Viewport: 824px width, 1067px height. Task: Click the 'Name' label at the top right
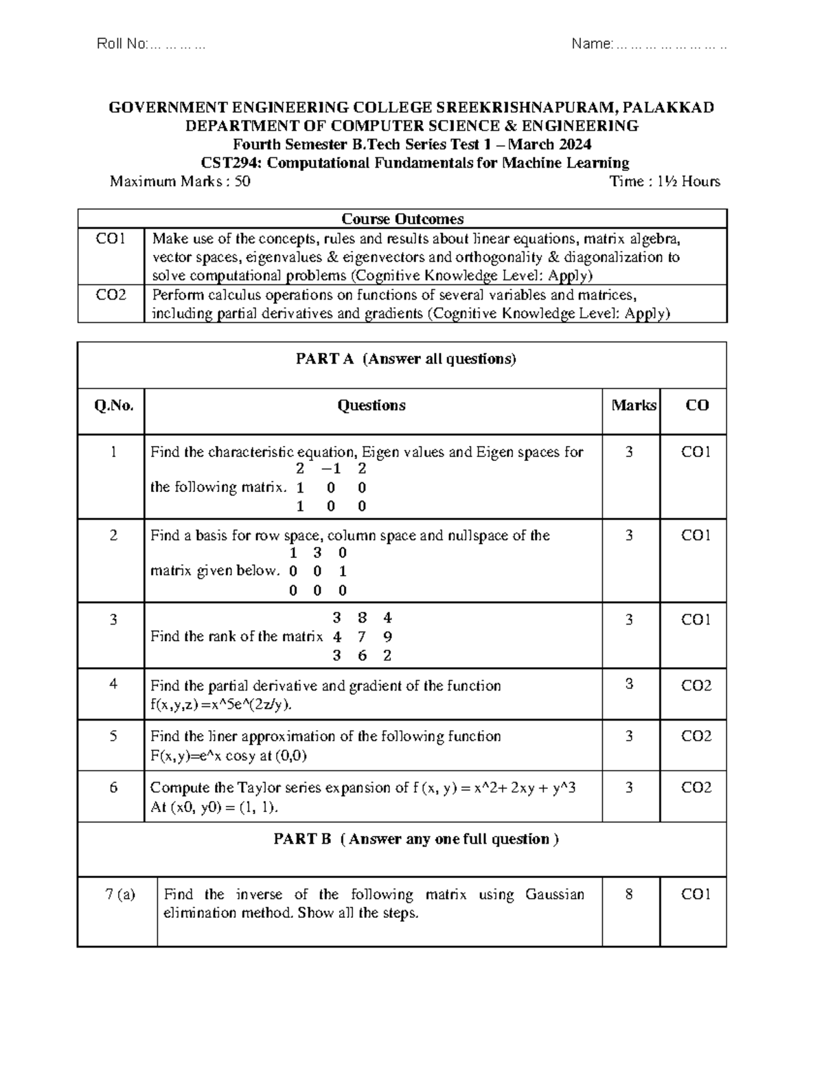click(591, 45)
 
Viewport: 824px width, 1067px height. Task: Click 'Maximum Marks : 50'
click(180, 181)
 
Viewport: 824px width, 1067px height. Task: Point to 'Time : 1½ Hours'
click(664, 181)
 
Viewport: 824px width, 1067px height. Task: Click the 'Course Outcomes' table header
click(402, 218)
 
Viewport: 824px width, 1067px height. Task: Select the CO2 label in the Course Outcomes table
click(111, 295)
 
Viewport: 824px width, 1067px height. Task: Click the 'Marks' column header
click(633, 405)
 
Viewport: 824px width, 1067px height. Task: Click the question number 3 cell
click(113, 620)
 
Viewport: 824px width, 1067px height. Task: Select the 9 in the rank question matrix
click(388, 636)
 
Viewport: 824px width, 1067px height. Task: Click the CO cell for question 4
click(696, 685)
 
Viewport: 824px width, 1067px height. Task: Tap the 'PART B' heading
click(303, 839)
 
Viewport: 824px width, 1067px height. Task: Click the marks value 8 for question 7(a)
click(629, 894)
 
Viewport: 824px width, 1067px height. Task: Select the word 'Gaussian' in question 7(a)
click(555, 894)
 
